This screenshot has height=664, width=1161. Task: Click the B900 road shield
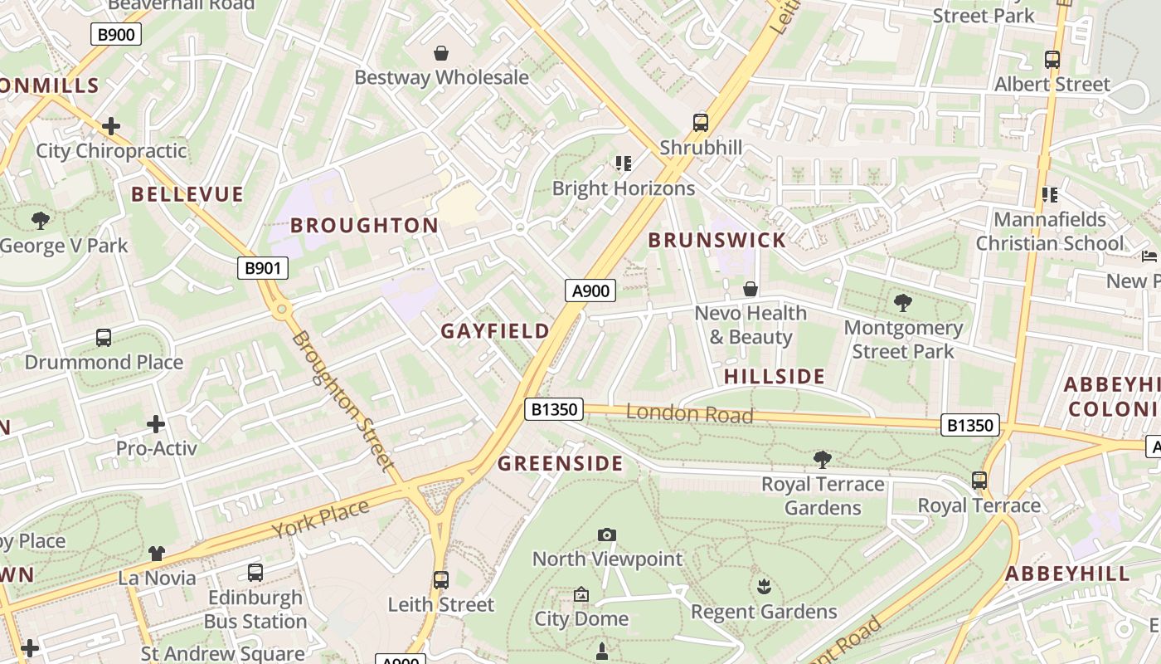(x=115, y=34)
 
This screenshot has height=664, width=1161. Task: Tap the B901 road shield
(x=263, y=268)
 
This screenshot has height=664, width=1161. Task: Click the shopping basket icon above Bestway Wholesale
(x=441, y=53)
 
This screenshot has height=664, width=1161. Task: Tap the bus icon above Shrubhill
(x=701, y=123)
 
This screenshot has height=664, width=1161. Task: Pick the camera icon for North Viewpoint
(x=607, y=535)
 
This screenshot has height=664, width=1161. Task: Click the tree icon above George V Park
(x=40, y=221)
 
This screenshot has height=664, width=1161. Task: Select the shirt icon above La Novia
(x=157, y=553)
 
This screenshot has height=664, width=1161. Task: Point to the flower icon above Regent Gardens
(x=764, y=588)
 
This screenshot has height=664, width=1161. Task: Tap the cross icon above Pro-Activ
(x=156, y=424)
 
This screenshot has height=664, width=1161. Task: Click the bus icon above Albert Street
(x=1052, y=60)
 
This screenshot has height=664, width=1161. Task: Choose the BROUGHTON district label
(x=364, y=226)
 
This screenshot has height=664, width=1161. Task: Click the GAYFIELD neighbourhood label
(x=495, y=331)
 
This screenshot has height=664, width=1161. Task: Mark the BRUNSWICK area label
(x=717, y=241)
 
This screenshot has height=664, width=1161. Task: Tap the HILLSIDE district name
(x=775, y=376)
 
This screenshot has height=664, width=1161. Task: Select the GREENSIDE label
(x=560, y=463)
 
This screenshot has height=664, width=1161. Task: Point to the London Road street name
(x=689, y=413)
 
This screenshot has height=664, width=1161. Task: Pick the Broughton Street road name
(x=342, y=401)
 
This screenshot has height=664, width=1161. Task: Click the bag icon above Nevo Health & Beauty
(x=751, y=289)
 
